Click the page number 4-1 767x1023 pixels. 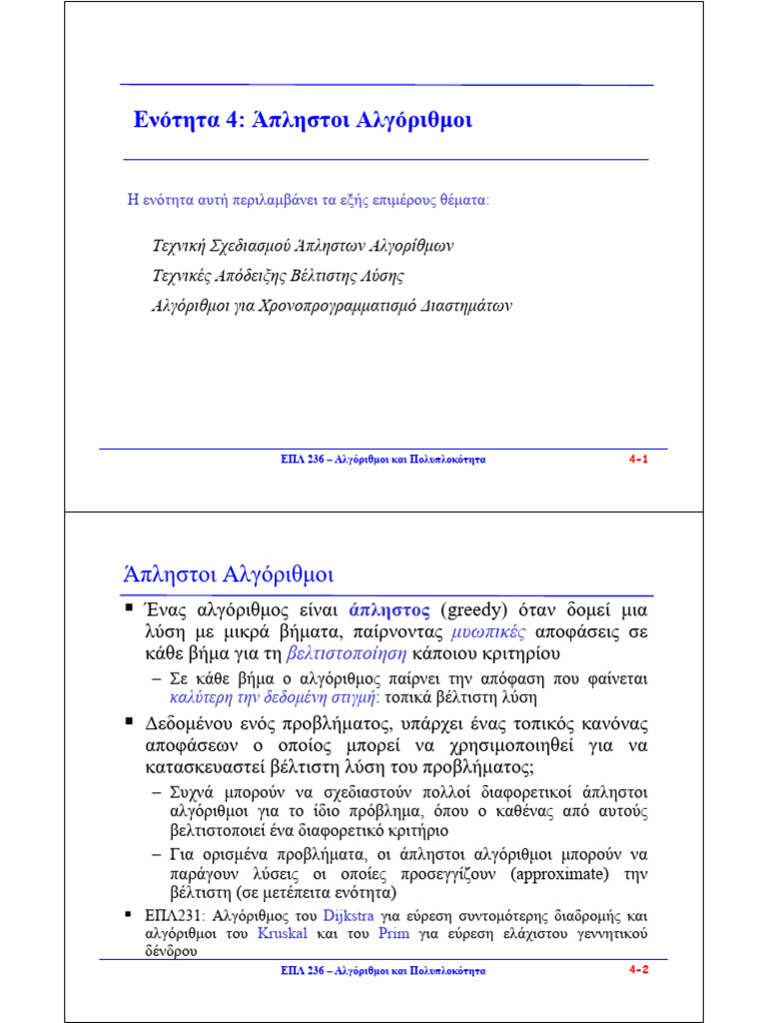pyautogui.click(x=639, y=459)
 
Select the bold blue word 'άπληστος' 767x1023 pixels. pyautogui.click(x=389, y=610)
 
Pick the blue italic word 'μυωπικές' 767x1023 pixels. pyautogui.click(x=487, y=632)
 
